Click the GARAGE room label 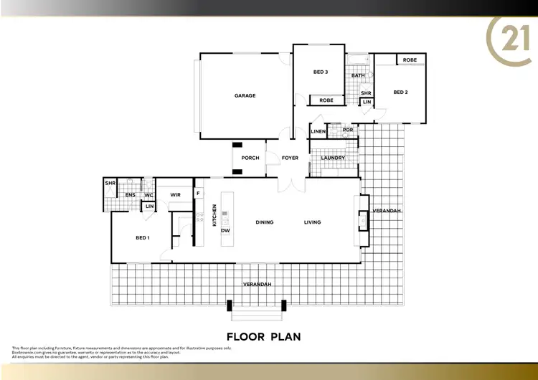[x=245, y=95]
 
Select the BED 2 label [x=400, y=92]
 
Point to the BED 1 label [x=142, y=237]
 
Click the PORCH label [x=250, y=158]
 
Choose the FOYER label [x=290, y=158]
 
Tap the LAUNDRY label [x=333, y=158]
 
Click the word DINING [x=265, y=222]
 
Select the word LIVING [x=312, y=222]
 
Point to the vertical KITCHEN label [x=214, y=215]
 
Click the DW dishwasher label [x=225, y=230]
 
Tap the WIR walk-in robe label [x=175, y=194]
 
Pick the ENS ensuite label [x=131, y=194]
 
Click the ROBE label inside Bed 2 [x=410, y=60]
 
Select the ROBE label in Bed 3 [x=326, y=100]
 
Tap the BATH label [x=357, y=75]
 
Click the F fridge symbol [x=199, y=192]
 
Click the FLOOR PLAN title [x=263, y=336]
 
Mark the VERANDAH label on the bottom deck [x=258, y=285]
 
